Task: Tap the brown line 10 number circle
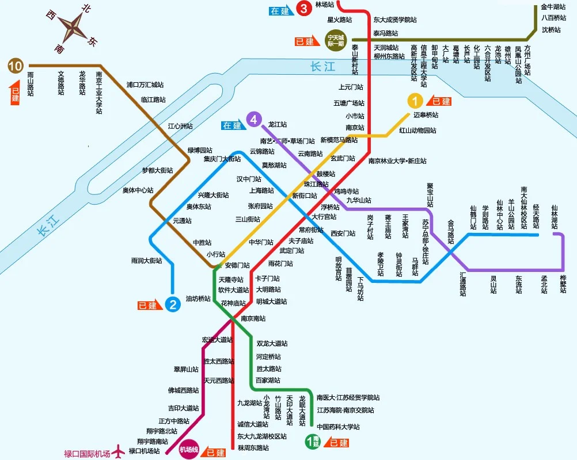[16, 66]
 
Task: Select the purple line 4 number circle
[253, 120]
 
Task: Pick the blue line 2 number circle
[172, 304]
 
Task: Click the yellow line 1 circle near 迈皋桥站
[415, 101]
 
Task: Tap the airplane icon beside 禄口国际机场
[119, 452]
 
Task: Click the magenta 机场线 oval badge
[189, 449]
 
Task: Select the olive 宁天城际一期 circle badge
[335, 39]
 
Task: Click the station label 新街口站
[305, 195]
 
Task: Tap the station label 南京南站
[254, 319]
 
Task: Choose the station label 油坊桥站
[198, 299]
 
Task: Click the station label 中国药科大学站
[338, 427]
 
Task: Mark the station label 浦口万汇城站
[145, 85]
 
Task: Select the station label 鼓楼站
[326, 174]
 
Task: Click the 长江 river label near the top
[322, 67]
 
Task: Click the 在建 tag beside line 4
[233, 125]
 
